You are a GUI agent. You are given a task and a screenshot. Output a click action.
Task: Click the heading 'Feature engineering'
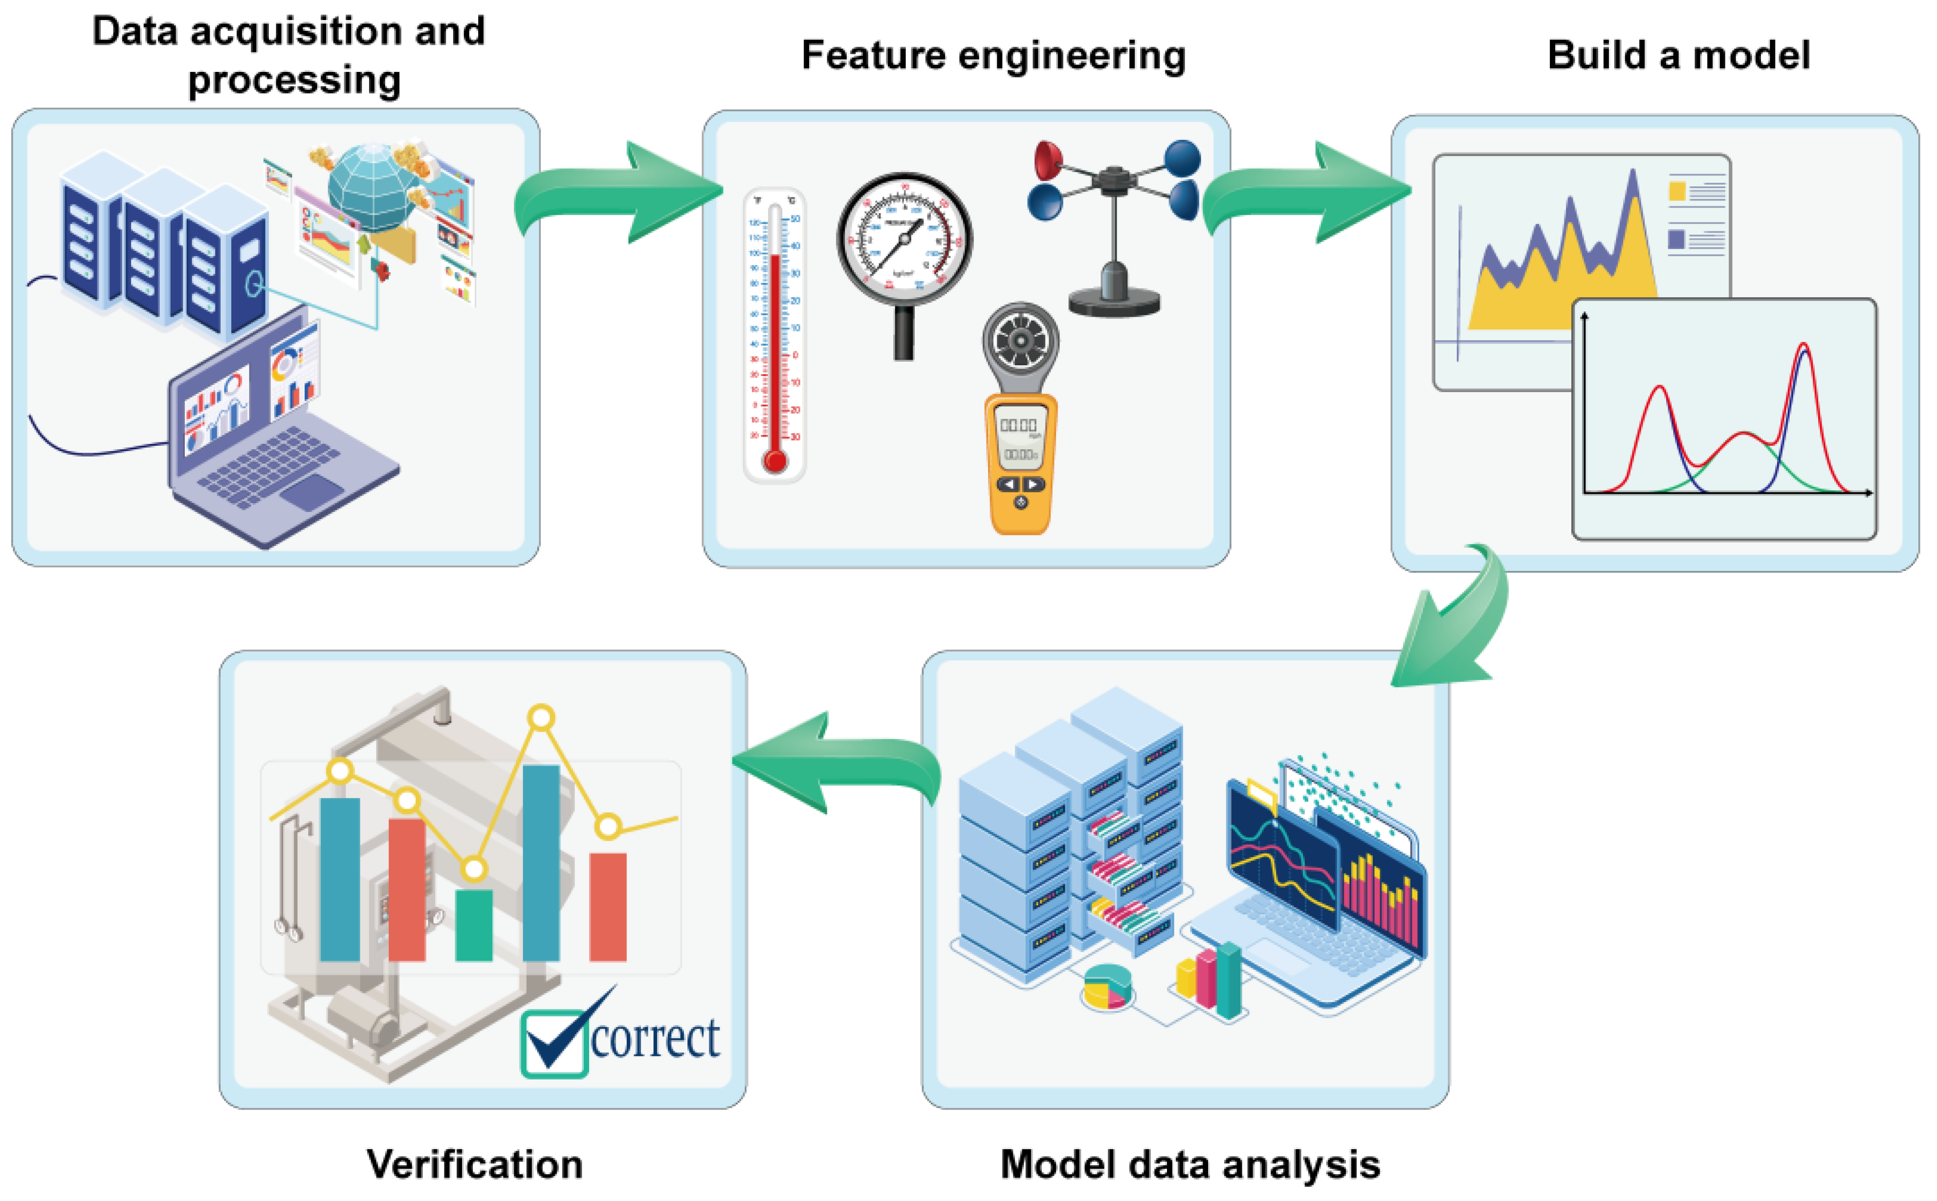[992, 56]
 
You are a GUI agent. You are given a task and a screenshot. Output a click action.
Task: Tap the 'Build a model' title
[1677, 56]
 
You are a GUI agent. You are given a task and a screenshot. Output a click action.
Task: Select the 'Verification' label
[474, 1164]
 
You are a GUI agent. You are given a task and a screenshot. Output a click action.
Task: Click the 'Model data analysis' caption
[1189, 1164]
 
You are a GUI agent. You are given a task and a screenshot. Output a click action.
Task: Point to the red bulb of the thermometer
[774, 460]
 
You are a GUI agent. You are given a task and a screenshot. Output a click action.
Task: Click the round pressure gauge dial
[903, 239]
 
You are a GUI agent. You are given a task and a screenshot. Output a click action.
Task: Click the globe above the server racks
[372, 187]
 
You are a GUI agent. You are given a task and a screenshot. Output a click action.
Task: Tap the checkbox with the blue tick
[554, 1043]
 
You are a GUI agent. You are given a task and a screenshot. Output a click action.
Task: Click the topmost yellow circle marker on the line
[541, 718]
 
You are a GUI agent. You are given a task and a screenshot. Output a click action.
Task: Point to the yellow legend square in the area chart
[1676, 191]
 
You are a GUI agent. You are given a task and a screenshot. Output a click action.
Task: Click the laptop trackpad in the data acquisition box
[311, 493]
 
